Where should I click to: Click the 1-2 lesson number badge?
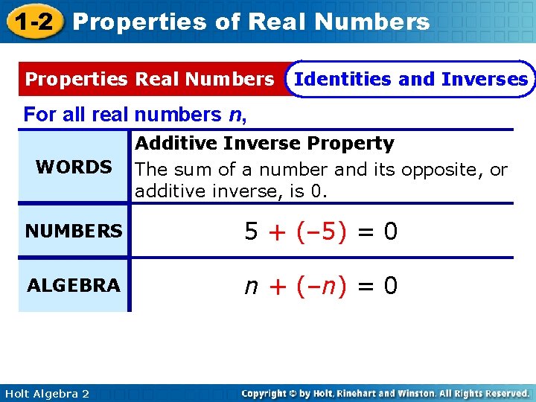(33, 22)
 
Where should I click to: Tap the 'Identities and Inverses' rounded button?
(411, 79)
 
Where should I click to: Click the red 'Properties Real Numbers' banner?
(150, 79)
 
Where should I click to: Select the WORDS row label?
(74, 167)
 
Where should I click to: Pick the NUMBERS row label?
(74, 232)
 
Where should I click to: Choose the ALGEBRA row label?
(74, 285)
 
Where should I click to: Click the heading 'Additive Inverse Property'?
(264, 143)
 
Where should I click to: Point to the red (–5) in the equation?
(321, 232)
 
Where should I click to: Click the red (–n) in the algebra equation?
(321, 286)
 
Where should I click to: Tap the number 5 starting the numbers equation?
(252, 232)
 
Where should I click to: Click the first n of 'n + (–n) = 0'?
(252, 286)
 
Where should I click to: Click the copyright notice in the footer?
(386, 393)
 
